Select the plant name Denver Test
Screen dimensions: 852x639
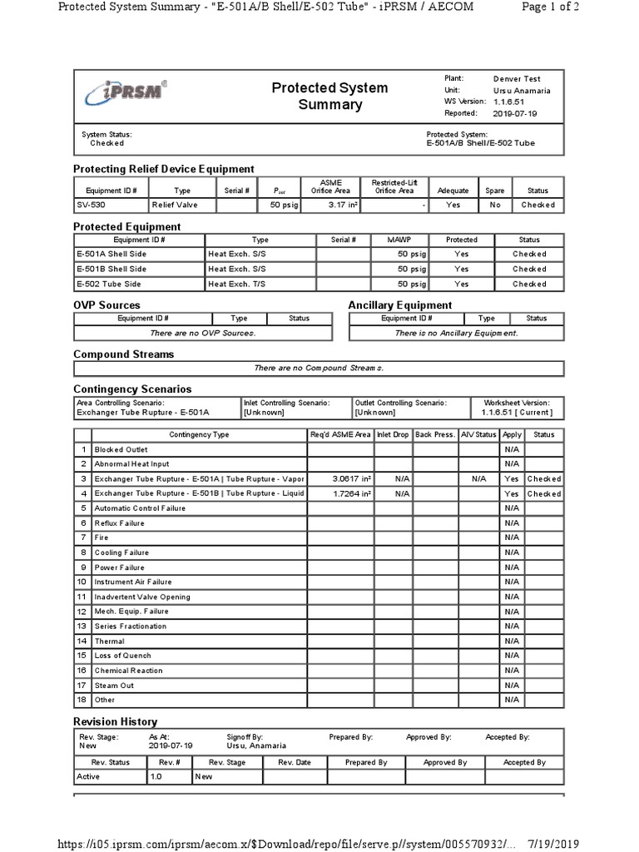point(516,78)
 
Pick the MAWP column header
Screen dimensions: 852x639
point(399,240)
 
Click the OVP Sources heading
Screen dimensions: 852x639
point(106,305)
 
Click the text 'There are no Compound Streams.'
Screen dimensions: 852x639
point(318,368)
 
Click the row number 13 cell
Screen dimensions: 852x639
point(82,626)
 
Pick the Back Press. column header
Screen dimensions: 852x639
point(435,434)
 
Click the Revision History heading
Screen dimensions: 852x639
point(115,721)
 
